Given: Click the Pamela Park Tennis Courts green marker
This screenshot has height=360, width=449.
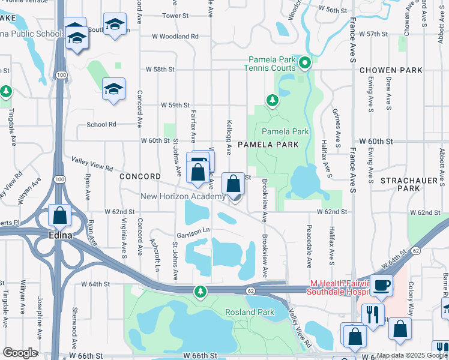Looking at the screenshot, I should (305, 61).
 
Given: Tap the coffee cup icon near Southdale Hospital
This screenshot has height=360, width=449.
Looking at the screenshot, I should (381, 285).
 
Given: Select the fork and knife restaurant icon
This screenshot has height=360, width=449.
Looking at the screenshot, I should (373, 314).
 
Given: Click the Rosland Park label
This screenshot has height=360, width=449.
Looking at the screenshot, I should (250, 312).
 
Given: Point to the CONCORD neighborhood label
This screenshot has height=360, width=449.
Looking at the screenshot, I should (140, 176).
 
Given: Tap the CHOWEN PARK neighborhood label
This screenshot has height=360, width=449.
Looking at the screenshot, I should (391, 70).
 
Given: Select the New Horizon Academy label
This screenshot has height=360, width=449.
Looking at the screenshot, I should (183, 196).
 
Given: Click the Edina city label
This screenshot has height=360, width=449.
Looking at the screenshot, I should (61, 235).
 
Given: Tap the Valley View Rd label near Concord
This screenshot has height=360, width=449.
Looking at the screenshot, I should (92, 164).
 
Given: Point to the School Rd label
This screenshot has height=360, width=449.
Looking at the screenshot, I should (101, 124).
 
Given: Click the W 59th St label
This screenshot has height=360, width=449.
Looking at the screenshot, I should (175, 105).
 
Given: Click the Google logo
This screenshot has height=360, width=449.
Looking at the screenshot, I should (19, 353).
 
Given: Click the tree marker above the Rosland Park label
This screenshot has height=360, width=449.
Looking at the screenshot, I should (200, 292).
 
